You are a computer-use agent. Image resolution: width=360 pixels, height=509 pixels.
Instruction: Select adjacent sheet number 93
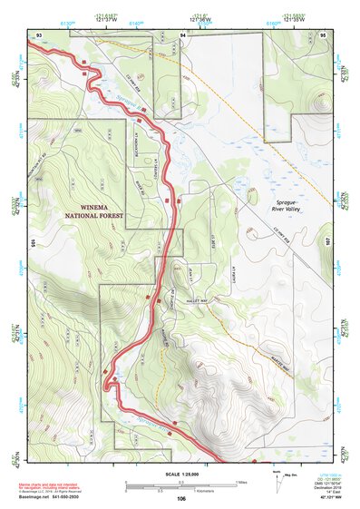click(x=39, y=34)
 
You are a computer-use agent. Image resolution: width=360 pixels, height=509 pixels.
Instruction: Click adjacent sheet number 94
click(x=183, y=34)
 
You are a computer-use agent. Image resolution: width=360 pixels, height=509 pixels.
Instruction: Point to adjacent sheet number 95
click(x=323, y=34)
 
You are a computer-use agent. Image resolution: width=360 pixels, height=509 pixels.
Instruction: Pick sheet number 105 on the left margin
click(x=33, y=243)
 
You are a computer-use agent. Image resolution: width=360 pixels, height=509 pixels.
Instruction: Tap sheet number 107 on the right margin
click(x=327, y=243)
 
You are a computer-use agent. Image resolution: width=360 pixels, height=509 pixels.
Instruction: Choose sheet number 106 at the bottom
click(x=181, y=498)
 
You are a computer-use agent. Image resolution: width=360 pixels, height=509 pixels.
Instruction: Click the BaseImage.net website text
click(x=34, y=499)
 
